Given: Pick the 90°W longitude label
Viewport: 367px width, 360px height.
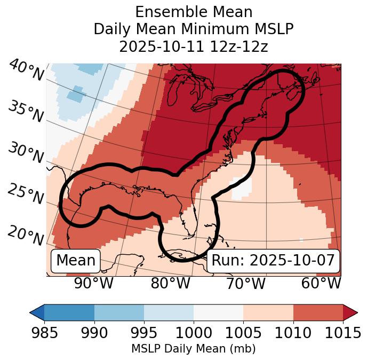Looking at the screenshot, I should pos(94,283).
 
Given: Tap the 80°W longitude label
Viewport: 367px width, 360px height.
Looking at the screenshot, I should pos(170,283).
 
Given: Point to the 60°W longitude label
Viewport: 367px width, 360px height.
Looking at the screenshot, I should pos(321,283).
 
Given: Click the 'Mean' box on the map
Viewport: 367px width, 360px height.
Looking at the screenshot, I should pos(76,261).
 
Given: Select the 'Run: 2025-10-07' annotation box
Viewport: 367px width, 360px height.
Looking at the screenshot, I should pos(273,261).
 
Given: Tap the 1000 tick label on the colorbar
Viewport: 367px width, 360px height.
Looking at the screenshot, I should pos(194,333).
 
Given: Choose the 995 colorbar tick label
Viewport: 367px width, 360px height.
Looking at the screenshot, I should pos(144,333).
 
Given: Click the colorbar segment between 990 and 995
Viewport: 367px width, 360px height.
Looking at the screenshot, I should pos(119,312).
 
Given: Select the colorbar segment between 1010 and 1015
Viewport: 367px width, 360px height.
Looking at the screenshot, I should pos(318,312).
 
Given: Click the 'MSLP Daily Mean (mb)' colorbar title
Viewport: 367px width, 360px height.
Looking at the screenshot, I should pos(193,349).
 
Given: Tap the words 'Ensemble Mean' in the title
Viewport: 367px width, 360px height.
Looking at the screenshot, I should pos(193,12).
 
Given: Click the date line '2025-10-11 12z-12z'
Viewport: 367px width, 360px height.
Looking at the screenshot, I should pos(193,46).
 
